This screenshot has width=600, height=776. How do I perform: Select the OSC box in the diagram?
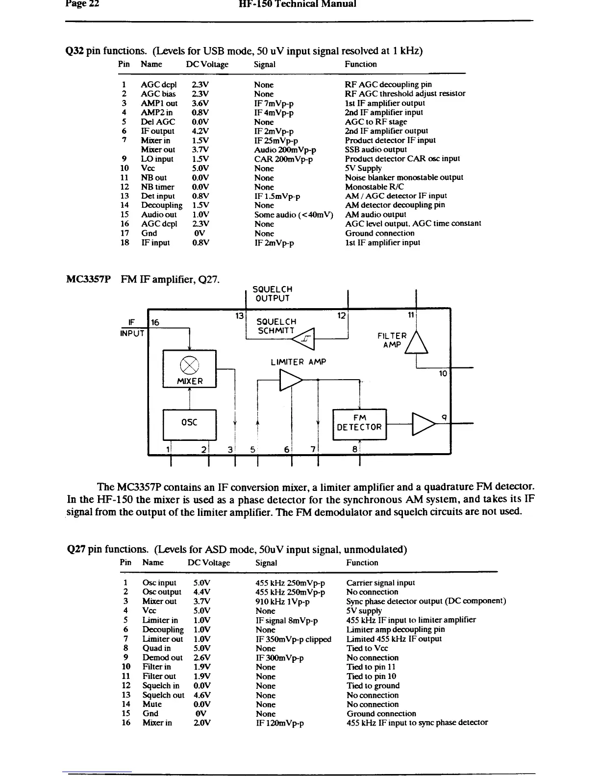(189, 424)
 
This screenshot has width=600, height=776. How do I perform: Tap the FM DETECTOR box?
(359, 423)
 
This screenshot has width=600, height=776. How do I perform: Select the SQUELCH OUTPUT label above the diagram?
(273, 294)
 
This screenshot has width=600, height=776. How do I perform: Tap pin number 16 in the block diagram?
(155, 322)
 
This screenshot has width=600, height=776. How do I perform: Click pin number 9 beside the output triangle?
(443, 417)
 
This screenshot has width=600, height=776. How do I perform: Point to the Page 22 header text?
(82, 4)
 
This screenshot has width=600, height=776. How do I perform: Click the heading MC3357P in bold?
(88, 280)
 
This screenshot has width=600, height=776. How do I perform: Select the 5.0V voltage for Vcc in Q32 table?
(200, 168)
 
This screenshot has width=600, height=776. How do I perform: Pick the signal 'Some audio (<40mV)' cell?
(293, 215)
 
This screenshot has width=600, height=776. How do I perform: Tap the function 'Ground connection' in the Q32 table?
(379, 233)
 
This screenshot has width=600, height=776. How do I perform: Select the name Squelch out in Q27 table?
(163, 695)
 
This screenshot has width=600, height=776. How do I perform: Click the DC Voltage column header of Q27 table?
(209, 562)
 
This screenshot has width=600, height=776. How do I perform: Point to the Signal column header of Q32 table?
(265, 64)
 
